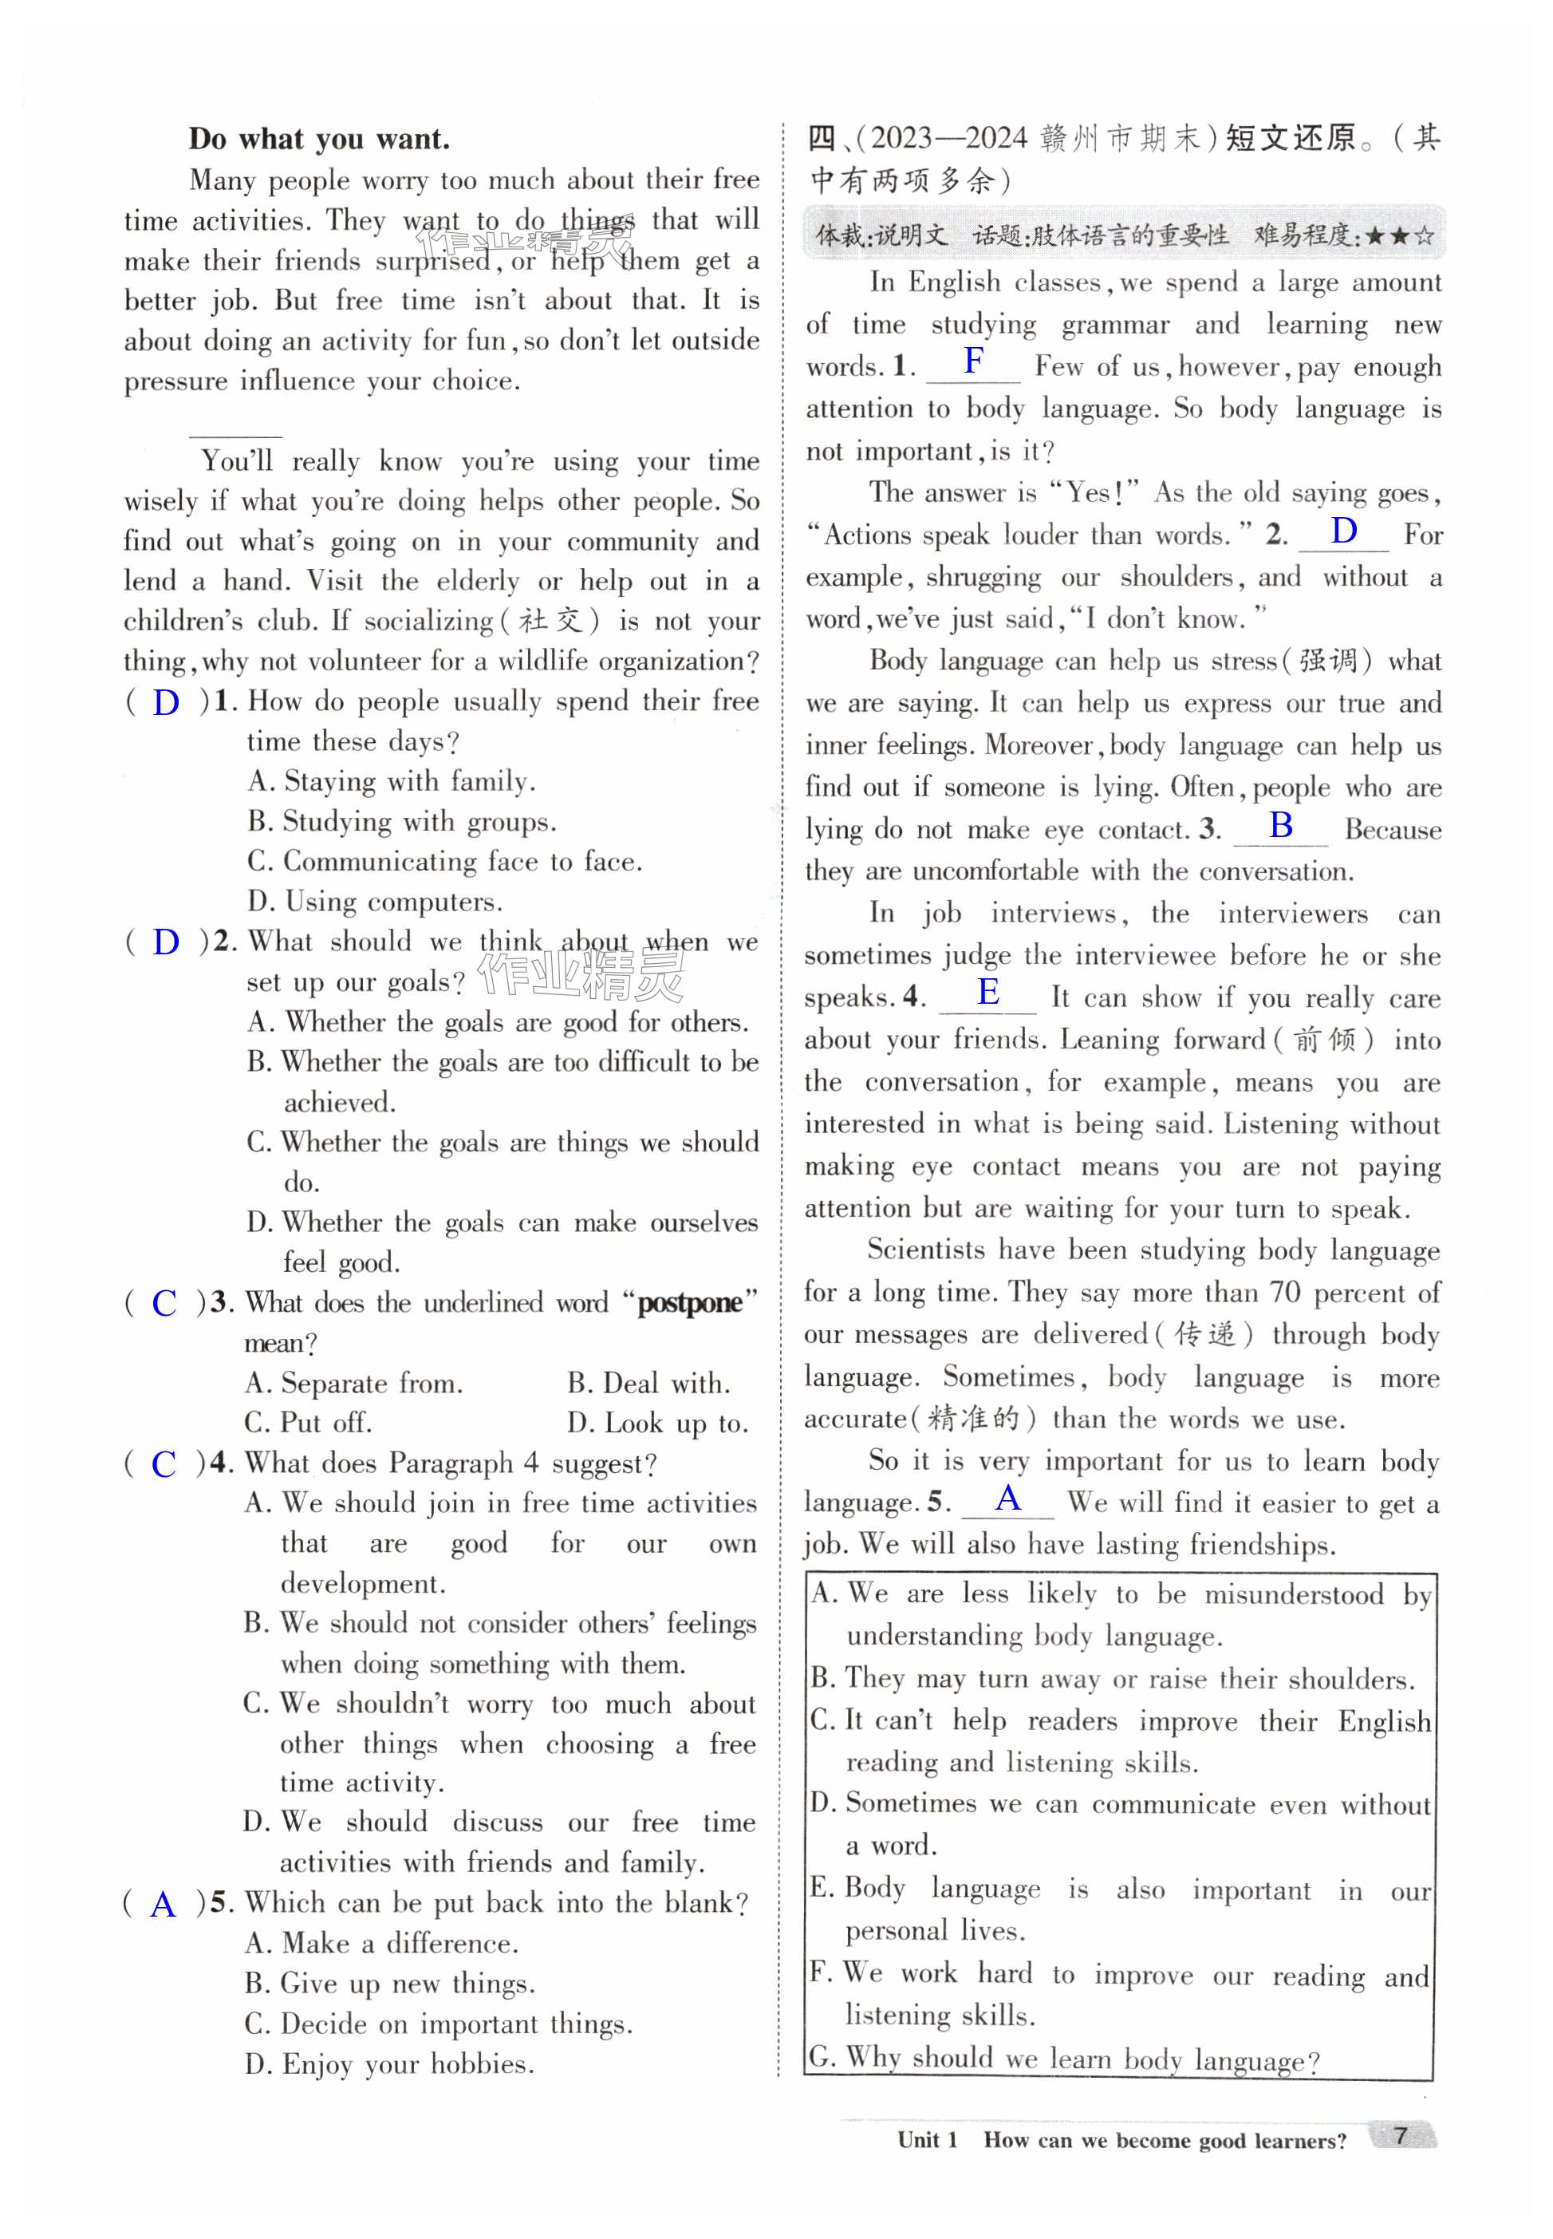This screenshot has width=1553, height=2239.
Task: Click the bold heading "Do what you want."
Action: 319,139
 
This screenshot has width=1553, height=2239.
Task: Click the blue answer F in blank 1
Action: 973,361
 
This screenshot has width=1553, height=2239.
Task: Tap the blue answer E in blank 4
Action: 988,992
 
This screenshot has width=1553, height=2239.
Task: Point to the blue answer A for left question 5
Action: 164,1904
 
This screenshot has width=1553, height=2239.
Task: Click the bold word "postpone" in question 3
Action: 690,1304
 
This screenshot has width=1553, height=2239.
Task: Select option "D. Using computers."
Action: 375,902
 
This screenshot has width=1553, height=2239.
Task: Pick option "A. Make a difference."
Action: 381,1943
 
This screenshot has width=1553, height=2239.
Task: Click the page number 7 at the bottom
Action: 1400,2136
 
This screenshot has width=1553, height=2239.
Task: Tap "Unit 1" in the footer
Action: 926,2140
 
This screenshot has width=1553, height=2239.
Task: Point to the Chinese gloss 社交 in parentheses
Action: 549,621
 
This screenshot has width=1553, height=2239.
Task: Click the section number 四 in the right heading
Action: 822,139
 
